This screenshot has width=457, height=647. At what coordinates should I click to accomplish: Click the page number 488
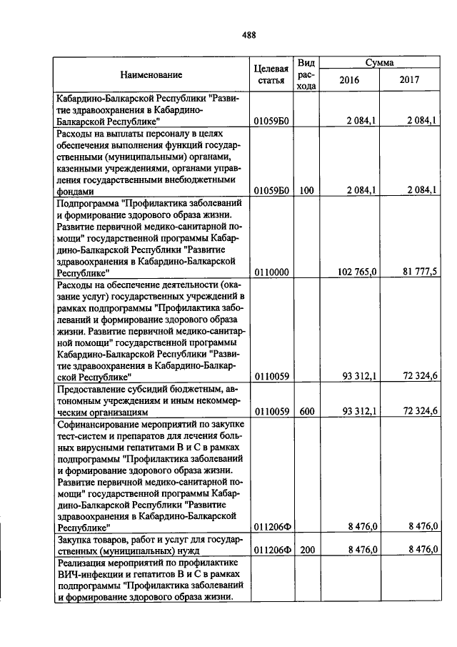(x=248, y=34)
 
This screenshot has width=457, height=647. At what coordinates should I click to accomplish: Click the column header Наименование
(x=151, y=74)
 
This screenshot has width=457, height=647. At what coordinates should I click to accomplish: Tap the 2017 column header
(x=410, y=80)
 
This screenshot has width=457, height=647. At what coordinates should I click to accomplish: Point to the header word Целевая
(x=271, y=69)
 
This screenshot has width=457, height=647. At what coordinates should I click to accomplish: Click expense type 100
(x=306, y=191)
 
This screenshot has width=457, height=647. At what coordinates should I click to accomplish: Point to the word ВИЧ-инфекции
(x=87, y=575)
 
